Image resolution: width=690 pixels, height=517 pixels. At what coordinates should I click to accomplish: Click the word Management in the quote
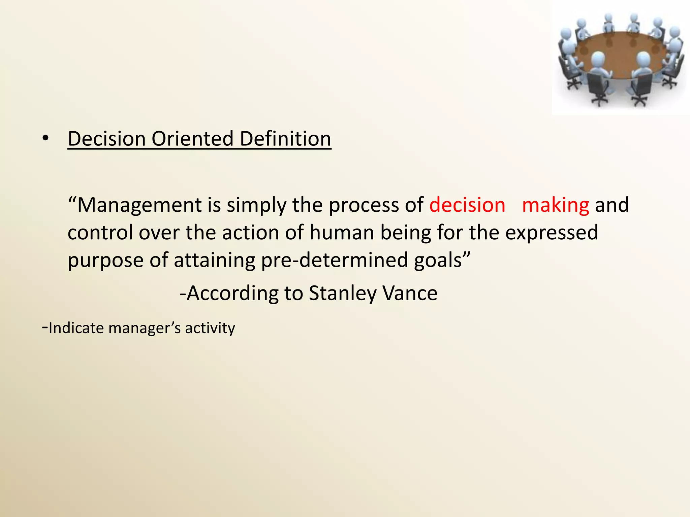pyautogui.click(x=139, y=205)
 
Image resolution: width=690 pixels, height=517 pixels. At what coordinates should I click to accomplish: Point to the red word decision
pyautogui.click(x=467, y=205)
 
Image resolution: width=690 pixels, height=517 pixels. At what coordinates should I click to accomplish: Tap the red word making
pyautogui.click(x=555, y=205)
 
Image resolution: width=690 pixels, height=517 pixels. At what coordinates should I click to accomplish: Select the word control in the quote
pyautogui.click(x=100, y=233)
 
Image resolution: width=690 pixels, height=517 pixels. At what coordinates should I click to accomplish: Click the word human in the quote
pyautogui.click(x=341, y=233)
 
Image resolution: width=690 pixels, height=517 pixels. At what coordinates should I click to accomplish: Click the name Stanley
pyautogui.click(x=342, y=294)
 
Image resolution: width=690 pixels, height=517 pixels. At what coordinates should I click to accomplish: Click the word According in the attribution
pyautogui.click(x=232, y=294)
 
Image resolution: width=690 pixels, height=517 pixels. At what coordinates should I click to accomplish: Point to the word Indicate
pyautogui.click(x=76, y=328)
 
